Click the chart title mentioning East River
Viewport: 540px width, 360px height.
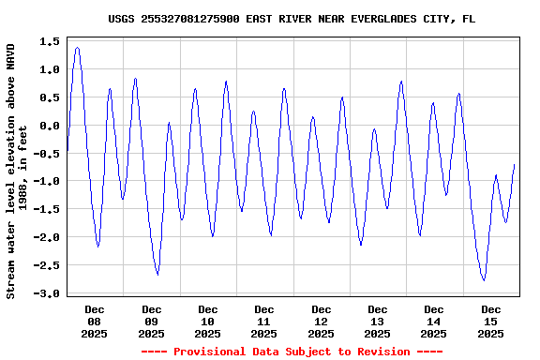pos(292,18)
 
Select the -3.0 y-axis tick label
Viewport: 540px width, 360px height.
pos(47,293)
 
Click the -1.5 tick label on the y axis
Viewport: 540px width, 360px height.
pos(47,209)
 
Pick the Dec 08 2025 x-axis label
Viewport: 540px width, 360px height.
pos(95,321)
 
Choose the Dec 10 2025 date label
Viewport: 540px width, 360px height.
pos(208,321)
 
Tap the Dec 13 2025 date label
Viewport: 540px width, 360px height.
pos(378,321)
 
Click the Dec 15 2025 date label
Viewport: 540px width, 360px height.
pos(490,321)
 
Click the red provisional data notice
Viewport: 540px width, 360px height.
pos(292,352)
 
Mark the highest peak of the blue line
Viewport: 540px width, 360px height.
pos(77,48)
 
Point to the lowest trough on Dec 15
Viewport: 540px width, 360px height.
pos(484,280)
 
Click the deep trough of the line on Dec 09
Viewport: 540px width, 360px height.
pos(157,275)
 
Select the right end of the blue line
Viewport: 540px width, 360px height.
pos(515,165)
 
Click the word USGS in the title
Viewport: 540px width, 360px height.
pos(122,18)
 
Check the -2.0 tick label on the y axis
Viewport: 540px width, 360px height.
pos(47,237)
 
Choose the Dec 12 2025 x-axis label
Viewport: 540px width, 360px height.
pos(321,321)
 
